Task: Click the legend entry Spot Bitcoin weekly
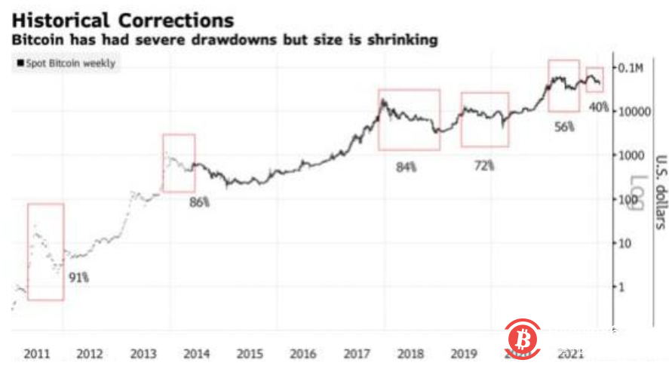coord(66,63)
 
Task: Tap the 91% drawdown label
coord(79,278)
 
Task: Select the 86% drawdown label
coord(200,203)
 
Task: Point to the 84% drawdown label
coord(406,167)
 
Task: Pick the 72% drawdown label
coord(483,164)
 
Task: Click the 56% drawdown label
coord(564,128)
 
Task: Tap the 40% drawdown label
coord(598,108)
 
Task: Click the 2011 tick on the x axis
coord(37,353)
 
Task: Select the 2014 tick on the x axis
coord(196,353)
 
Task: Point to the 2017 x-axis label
coord(356,353)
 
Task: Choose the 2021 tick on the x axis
coord(569,353)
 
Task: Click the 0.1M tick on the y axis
coord(632,68)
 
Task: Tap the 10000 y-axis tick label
coord(637,111)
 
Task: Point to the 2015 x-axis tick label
coord(250,353)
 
